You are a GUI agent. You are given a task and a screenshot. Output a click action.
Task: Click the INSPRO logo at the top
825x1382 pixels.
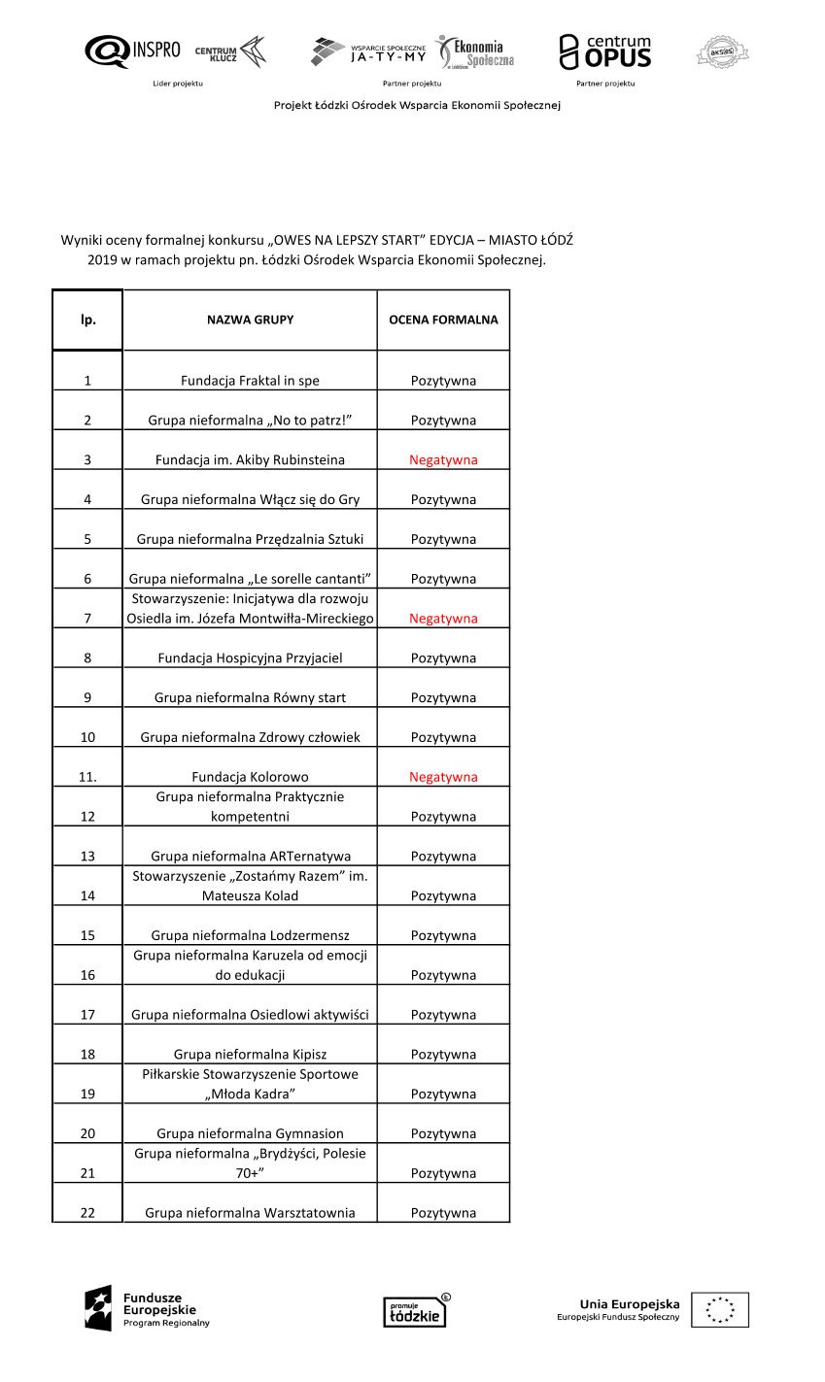132,51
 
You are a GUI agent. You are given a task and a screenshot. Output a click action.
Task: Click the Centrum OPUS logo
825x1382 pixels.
604,51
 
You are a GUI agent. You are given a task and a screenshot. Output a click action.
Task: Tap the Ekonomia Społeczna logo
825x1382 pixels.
475,52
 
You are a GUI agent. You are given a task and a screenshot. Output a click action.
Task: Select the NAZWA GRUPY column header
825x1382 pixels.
250,320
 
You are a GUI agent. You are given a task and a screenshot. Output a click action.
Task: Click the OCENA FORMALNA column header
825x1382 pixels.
443,320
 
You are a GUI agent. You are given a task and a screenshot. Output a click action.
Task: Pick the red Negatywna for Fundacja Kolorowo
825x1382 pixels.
443,777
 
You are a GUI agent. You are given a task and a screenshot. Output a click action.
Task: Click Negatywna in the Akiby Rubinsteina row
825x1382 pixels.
443,460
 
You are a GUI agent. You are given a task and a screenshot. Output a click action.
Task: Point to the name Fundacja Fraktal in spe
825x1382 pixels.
250,381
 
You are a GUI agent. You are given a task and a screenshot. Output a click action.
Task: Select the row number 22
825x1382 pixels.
87,1213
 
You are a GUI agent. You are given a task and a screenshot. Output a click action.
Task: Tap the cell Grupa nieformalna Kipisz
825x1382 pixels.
250,1055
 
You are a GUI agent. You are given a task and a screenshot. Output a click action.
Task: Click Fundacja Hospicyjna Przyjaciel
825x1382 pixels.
250,658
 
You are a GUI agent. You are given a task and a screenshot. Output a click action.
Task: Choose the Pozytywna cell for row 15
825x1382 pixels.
443,936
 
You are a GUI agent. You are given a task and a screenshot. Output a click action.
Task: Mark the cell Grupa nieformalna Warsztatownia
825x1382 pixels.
250,1213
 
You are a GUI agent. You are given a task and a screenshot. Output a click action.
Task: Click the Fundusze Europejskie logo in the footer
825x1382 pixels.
147,1309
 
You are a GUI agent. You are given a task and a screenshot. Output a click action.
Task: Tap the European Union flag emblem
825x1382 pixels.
720,1310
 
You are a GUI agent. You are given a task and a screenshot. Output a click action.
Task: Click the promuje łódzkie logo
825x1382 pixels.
416,1311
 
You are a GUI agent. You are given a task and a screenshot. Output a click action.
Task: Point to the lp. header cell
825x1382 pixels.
87,320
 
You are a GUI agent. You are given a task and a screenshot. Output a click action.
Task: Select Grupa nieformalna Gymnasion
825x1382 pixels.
250,1133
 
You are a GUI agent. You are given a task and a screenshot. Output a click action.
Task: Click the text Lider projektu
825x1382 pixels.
178,84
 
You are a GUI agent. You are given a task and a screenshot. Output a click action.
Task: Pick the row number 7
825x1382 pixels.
87,619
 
